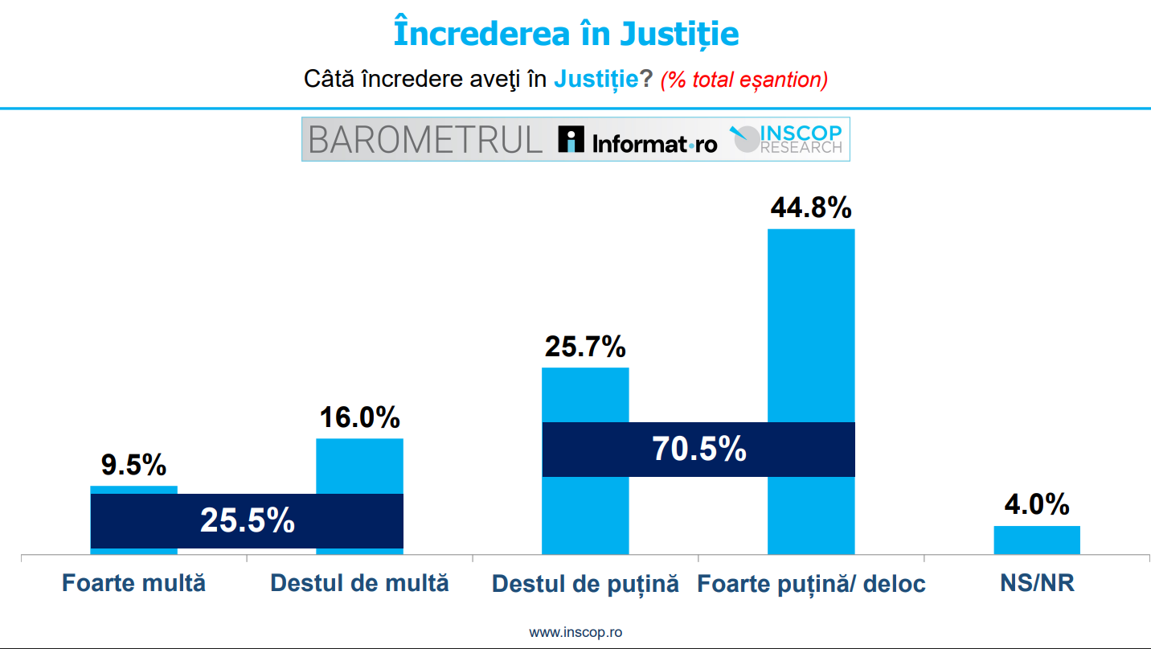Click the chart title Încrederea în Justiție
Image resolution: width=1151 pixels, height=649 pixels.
566,34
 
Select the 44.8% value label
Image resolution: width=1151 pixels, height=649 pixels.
810,207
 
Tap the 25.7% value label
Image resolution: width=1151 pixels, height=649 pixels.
585,347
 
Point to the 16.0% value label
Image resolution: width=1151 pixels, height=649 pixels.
359,417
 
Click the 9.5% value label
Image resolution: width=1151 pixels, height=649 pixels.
133,465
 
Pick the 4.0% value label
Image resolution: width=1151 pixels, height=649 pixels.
1037,505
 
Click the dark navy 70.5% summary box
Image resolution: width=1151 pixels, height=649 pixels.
698,450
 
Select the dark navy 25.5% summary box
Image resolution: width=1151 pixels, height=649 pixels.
247,521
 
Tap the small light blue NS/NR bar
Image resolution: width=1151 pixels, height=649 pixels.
1037,540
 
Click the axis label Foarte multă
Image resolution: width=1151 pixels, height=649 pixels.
133,583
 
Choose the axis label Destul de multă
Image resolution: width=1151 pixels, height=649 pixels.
359,583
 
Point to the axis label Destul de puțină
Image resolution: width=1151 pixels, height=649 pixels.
585,584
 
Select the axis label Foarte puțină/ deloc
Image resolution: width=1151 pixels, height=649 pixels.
811,584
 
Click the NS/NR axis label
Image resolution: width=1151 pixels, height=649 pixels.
1037,583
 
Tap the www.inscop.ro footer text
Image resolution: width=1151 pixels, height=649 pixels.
575,632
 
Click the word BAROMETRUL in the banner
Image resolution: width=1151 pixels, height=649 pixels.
425,140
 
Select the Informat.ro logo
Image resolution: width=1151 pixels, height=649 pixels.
637,141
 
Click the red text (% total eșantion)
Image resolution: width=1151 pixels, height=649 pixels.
743,80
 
